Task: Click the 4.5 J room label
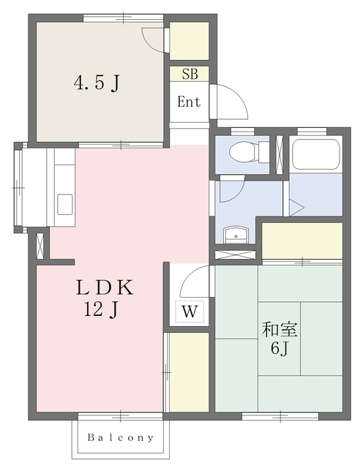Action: point(96,83)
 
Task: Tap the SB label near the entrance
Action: point(190,73)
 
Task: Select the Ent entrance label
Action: point(189,102)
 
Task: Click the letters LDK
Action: point(104,287)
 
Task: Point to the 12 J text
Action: point(101,309)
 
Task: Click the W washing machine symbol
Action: point(190,312)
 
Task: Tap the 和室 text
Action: point(280,330)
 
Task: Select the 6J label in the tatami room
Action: point(279,348)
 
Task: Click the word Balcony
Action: point(121,437)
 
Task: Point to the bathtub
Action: point(315,154)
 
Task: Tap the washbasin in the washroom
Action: point(236,235)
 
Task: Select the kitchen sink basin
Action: point(65,204)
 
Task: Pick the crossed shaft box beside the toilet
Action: point(280,155)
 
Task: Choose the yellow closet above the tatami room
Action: point(301,241)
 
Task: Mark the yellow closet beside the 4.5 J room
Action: point(189,41)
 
